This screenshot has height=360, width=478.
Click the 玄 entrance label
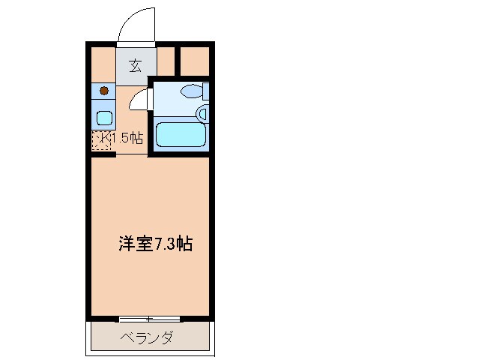coord(136,64)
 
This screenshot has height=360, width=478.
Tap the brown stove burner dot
coord(103,91)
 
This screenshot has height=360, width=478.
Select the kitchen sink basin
coord(103,117)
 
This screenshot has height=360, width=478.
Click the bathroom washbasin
coord(202,113)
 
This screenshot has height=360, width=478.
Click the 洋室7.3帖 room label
coord(155,244)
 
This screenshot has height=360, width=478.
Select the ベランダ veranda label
coord(147,337)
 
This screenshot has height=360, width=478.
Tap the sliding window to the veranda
coord(149,318)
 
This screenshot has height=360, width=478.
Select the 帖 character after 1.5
coord(136,138)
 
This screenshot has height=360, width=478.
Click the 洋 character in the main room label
coord(126,244)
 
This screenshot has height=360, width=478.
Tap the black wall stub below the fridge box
coord(102,154)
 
